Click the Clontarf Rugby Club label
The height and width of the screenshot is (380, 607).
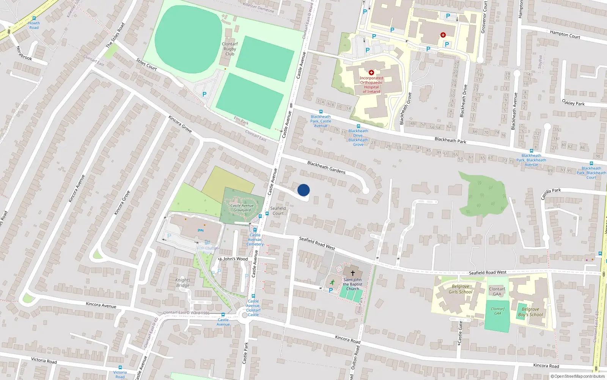230,49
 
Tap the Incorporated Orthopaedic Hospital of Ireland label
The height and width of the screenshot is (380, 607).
371,85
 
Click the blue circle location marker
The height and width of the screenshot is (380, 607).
303,190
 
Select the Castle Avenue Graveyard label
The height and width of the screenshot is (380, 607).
242,208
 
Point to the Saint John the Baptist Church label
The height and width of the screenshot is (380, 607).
352,284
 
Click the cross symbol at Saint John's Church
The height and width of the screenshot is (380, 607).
352,273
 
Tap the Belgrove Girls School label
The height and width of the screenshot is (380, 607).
461,289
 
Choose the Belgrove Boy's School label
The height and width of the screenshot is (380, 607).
530,312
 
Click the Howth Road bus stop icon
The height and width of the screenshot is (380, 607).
34,18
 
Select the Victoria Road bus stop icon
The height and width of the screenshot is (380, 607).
120,367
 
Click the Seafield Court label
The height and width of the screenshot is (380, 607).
278,211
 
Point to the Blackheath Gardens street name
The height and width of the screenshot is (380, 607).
326,167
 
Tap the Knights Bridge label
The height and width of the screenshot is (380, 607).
183,283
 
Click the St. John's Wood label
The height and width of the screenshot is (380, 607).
233,259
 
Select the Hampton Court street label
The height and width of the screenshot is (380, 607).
565,35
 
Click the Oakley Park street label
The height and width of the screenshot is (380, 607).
573,103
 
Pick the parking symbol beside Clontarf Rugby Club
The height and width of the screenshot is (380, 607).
204,94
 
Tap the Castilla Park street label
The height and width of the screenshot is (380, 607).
551,193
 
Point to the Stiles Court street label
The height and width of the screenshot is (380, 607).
146,65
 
